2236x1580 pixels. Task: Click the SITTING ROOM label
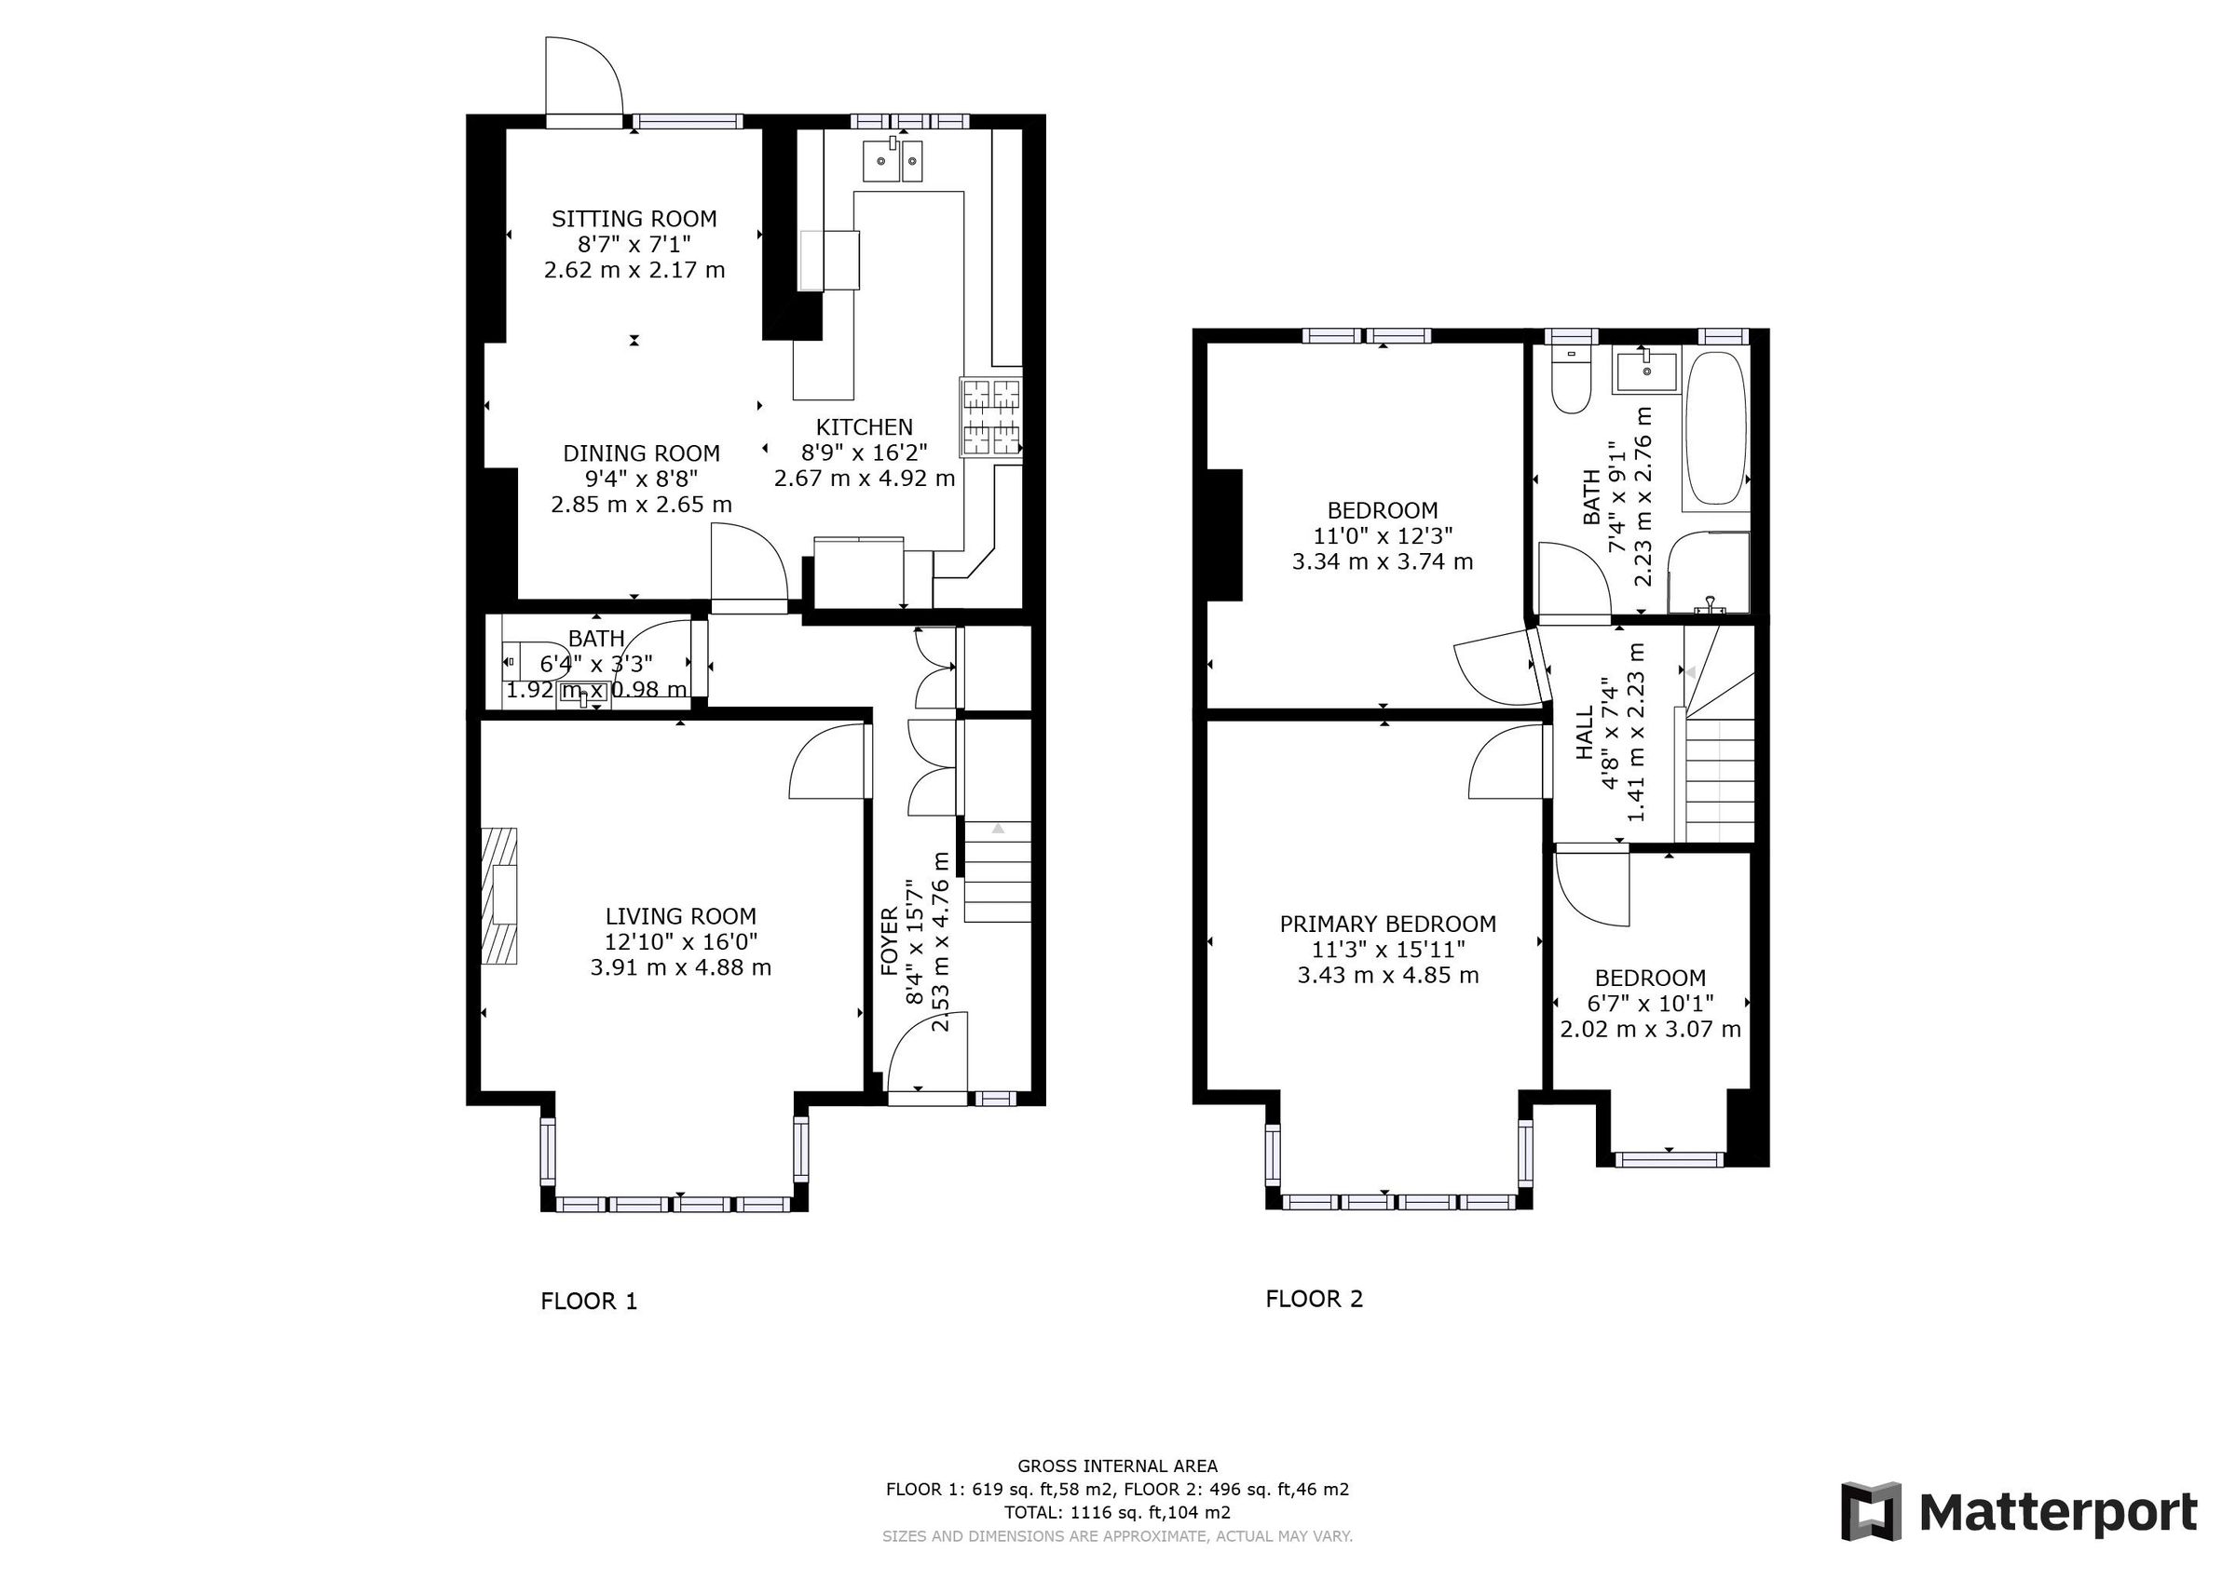634,219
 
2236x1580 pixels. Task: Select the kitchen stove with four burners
991,419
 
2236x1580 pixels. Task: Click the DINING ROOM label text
641,453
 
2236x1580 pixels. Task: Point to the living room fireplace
500,896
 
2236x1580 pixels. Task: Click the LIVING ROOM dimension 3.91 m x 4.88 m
680,967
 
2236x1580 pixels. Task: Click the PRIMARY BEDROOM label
1387,924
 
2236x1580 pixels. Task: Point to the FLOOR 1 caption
588,1302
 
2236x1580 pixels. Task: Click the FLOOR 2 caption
1314,1299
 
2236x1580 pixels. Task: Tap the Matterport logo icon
1870,1512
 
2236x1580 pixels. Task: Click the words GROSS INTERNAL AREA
1117,1466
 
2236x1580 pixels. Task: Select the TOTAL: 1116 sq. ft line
1117,1513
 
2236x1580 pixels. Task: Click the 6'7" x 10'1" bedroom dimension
1650,1004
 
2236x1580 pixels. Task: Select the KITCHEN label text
864,427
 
